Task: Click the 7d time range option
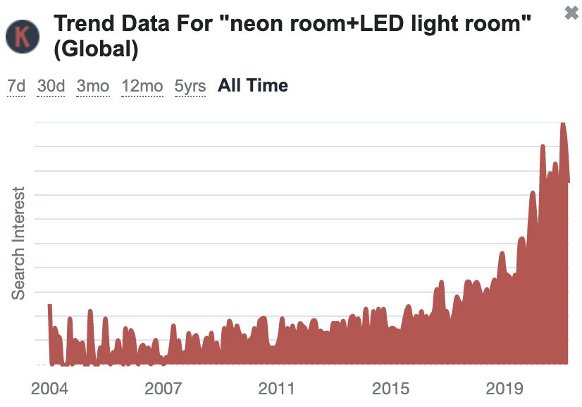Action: (16, 86)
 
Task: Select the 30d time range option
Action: (51, 86)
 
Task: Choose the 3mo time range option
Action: (93, 86)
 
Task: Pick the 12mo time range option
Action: (142, 86)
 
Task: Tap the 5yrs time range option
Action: (190, 86)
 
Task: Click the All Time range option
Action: (253, 85)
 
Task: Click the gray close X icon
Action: (571, 13)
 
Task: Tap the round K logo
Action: (23, 37)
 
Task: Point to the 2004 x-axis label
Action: (49, 389)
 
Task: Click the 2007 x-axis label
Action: (163, 389)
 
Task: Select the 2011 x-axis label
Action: (276, 389)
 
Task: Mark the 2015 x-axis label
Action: (390, 389)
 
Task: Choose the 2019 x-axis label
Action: (504, 389)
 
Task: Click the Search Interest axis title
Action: (18, 243)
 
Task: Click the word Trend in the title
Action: (85, 23)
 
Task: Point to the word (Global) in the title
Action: (96, 49)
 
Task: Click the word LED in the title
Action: (382, 23)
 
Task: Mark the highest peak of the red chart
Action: (563, 123)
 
